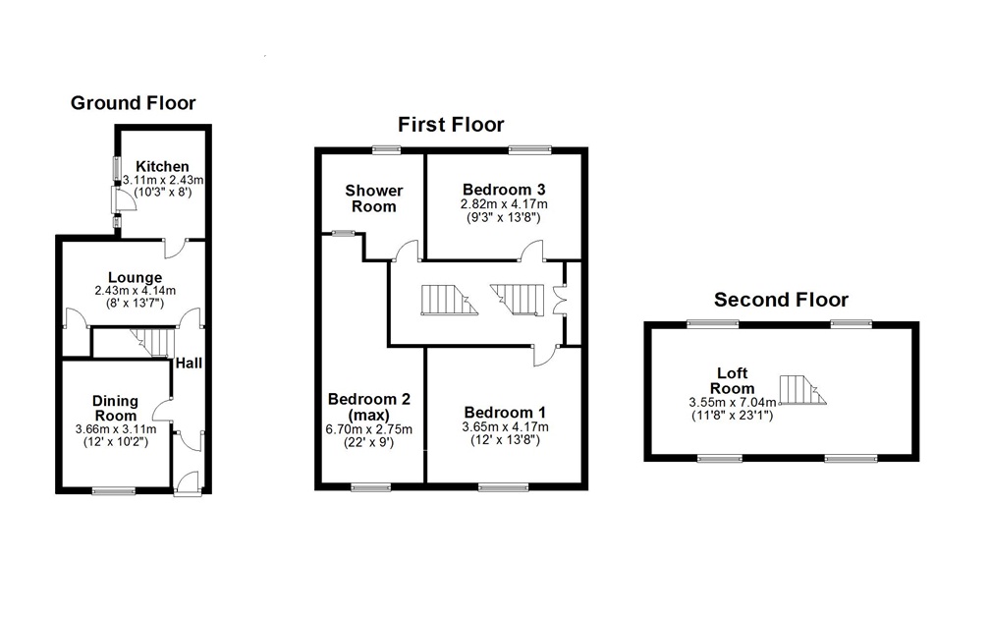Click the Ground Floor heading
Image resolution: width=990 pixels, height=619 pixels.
133,103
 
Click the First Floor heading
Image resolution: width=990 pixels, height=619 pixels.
451,125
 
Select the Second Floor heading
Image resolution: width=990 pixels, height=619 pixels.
781,300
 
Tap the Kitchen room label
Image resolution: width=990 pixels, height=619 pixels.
162,166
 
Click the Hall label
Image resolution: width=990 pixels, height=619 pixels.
189,364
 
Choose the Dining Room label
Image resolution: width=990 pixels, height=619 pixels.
116,408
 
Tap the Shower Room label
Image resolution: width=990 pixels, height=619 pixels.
373,197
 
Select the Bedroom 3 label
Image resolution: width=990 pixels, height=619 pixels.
504,190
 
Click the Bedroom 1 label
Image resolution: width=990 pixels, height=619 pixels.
505,413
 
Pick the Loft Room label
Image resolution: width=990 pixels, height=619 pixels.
733,380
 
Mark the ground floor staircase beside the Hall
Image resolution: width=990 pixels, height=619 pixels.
151,343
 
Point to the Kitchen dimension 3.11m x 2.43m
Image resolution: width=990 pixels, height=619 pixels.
163,180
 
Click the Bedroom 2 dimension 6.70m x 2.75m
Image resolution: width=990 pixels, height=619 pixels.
369,429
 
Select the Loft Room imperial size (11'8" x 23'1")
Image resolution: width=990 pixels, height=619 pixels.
733,415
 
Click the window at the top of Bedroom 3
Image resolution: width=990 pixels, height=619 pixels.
528,149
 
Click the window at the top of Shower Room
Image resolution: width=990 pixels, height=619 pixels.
387,149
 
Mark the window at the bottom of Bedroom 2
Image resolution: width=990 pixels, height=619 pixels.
370,486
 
